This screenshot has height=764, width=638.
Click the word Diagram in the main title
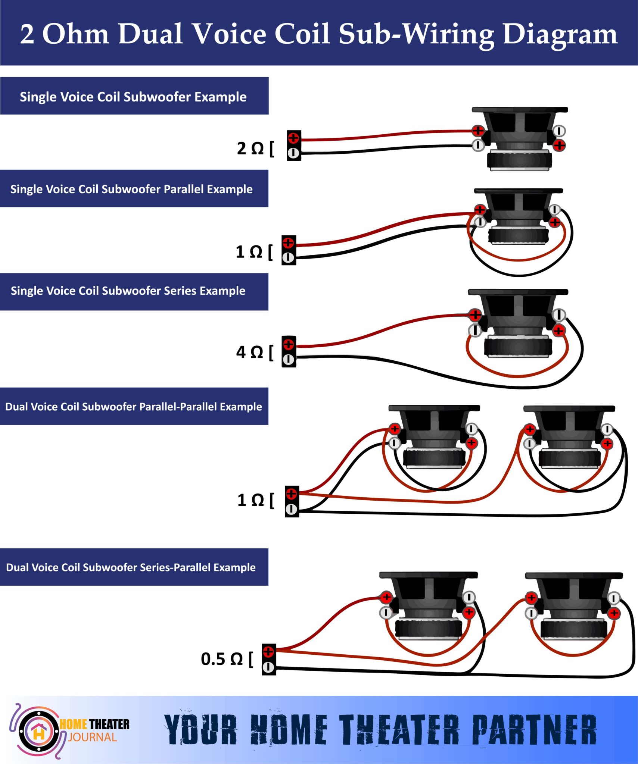560,34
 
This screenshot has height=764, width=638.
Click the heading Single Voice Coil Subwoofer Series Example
128,291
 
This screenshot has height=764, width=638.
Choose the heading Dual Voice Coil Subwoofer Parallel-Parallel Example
133,407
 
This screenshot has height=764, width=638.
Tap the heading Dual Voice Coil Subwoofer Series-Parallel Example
131,567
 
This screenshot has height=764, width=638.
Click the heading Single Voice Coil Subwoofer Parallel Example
131,189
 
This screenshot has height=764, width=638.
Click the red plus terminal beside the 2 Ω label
293,138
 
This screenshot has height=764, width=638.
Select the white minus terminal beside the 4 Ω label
288,360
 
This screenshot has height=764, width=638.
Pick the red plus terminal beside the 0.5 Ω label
268,652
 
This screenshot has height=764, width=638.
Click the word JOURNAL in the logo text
93,738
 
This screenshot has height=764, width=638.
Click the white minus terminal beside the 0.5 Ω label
268,667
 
